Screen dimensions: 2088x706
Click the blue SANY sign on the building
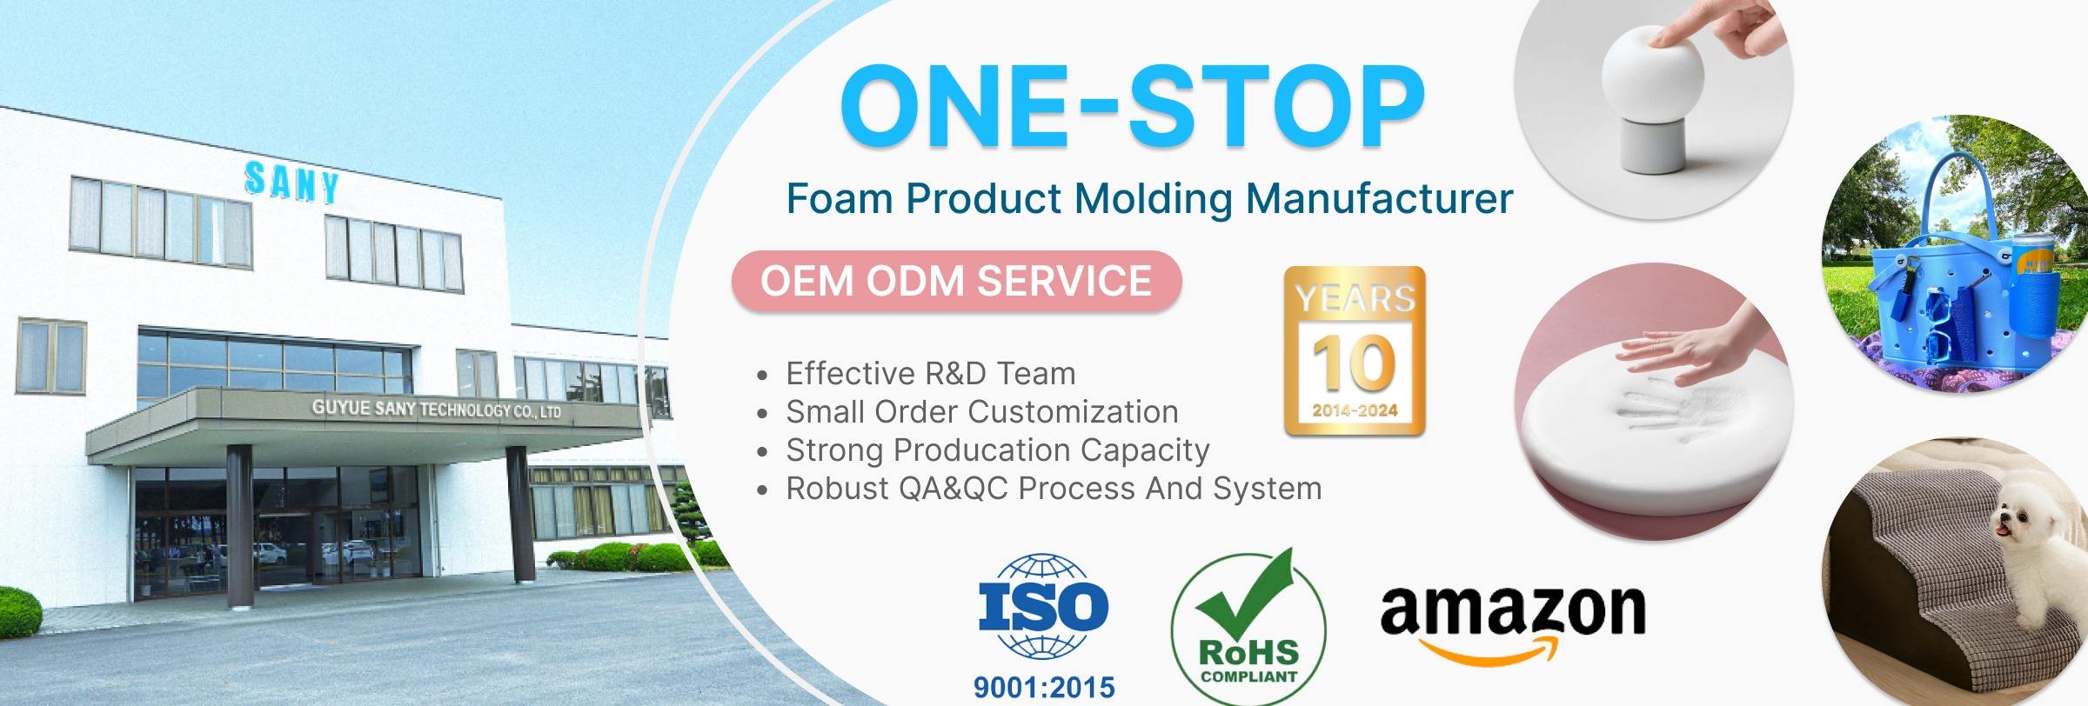[291, 182]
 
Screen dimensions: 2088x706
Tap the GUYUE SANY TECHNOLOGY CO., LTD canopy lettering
[436, 409]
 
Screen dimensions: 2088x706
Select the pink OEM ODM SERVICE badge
[956, 281]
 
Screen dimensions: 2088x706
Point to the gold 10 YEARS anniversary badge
[1355, 350]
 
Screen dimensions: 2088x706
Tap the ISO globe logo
[1043, 607]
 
